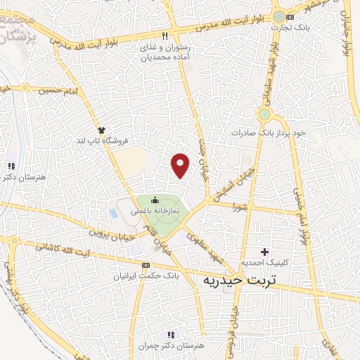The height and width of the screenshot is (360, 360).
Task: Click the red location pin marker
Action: click(x=181, y=164)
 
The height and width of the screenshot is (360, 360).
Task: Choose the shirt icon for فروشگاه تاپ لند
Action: click(x=102, y=130)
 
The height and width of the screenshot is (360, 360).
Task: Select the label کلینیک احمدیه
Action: click(x=264, y=262)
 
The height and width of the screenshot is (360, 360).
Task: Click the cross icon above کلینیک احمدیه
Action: click(x=264, y=252)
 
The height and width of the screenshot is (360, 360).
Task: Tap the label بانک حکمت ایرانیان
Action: click(x=146, y=276)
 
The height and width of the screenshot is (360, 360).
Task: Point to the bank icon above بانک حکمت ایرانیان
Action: click(x=146, y=265)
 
